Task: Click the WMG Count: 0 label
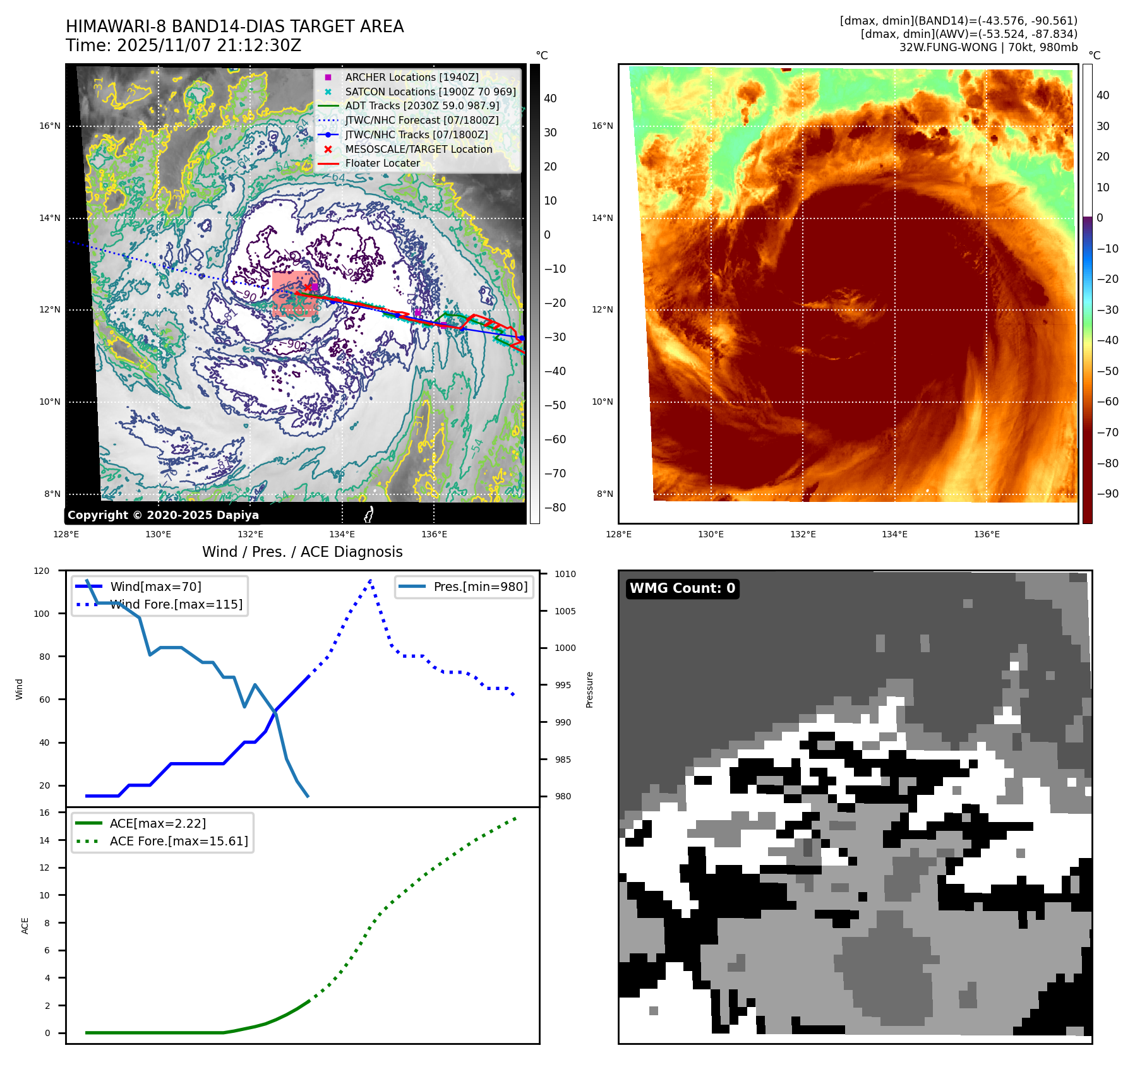[x=682, y=588]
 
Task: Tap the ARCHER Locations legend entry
[x=411, y=77]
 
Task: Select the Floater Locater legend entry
[x=382, y=163]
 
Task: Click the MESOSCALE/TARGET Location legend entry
[x=418, y=149]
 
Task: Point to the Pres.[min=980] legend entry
[x=480, y=587]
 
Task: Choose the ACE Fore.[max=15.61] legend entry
[x=179, y=841]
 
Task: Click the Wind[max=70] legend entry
[x=155, y=587]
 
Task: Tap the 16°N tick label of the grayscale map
[x=50, y=126]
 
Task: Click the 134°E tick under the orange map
[x=894, y=534]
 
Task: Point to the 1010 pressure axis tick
[x=565, y=574]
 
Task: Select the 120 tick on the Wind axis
[x=42, y=571]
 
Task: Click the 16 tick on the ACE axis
[x=44, y=813]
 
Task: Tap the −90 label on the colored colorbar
[x=1107, y=494]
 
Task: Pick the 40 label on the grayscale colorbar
[x=550, y=98]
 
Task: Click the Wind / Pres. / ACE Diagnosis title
[x=302, y=552]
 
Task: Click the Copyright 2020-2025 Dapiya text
[x=163, y=515]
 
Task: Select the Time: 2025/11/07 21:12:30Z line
[x=183, y=45]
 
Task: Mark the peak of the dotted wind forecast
[x=370, y=580]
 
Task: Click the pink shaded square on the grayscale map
[x=294, y=294]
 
